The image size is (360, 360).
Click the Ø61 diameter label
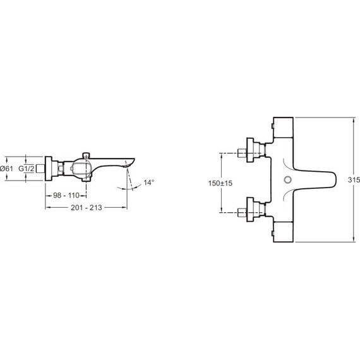(7, 169)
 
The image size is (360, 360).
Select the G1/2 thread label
(27, 169)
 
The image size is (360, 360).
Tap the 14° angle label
(149, 183)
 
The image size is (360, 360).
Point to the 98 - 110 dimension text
(66, 195)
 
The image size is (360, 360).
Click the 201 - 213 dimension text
(87, 208)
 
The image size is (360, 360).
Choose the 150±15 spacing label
(220, 183)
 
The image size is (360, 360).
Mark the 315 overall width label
(354, 180)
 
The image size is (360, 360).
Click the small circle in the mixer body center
(287, 179)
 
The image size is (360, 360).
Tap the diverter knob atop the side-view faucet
(86, 155)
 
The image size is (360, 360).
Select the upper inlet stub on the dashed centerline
(242, 153)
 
